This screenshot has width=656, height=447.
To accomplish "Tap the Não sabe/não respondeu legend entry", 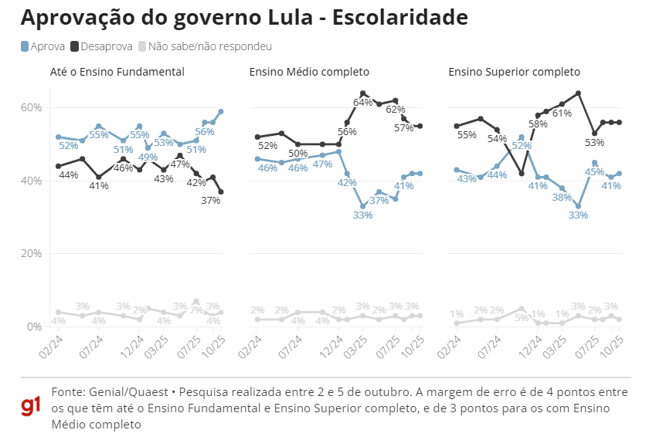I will [209, 47].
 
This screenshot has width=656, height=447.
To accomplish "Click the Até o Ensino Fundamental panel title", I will [117, 72].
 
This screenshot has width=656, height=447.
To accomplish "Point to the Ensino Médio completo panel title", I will [309, 72].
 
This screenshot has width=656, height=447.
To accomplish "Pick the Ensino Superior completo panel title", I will [514, 72].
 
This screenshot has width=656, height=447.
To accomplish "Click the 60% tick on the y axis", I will [31, 107].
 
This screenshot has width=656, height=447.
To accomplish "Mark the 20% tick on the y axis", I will [31, 253].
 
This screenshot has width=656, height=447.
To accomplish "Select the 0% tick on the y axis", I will [33, 327].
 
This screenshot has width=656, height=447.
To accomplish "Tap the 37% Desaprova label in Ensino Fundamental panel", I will [210, 200].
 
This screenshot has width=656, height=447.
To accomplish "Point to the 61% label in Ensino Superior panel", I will [562, 113].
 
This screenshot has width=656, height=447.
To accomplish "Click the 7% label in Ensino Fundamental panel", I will [196, 311].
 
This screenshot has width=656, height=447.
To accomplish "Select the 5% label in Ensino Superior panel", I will [522, 317].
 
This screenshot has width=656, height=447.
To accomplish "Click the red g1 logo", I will [31, 406].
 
